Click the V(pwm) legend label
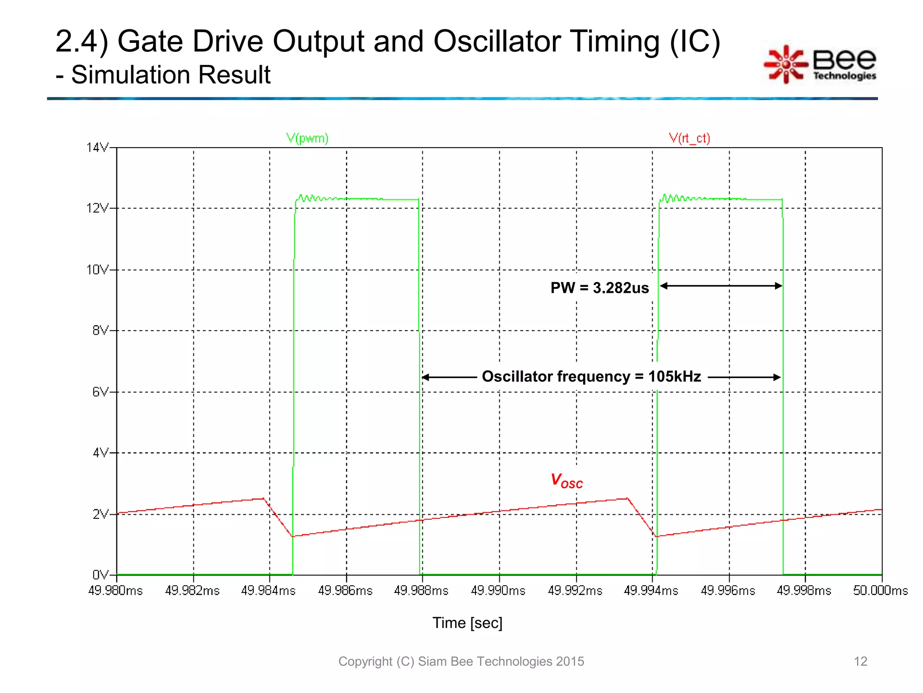point(307,138)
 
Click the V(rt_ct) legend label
point(689,138)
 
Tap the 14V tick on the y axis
point(97,148)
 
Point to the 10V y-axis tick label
point(97,270)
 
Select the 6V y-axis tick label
point(100,392)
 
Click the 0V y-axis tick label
point(100,575)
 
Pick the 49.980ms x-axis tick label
point(115,591)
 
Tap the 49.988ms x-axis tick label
point(421,591)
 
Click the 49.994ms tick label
point(651,591)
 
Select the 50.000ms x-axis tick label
point(880,591)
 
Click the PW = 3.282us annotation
point(599,288)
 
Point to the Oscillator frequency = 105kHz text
point(591,376)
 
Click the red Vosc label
point(567,481)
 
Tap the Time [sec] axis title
point(467,623)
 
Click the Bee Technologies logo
point(820,65)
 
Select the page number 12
point(860,661)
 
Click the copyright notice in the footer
point(461,661)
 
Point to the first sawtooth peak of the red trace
point(264,499)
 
